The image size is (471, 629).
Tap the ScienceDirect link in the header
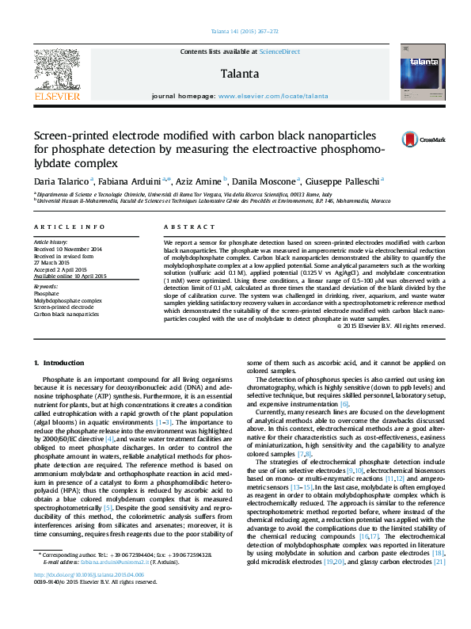tap(280, 51)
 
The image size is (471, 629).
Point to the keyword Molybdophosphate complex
tap(68, 301)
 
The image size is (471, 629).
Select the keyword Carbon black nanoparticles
tap(66, 314)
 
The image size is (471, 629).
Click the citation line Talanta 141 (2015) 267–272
tap(244, 31)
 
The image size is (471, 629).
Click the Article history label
tap(51, 241)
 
